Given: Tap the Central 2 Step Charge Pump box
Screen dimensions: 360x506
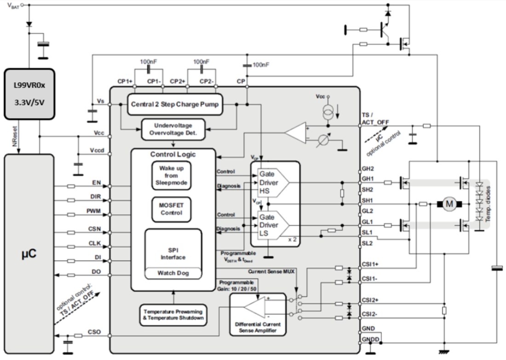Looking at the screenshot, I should tap(174, 104).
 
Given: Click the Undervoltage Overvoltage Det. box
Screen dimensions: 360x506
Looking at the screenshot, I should tap(173, 129).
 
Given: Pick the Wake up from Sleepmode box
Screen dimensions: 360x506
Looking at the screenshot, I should tap(171, 176).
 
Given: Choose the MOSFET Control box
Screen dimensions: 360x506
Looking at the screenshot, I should tap(171, 209).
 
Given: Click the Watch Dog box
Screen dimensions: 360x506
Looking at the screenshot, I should tap(173, 273).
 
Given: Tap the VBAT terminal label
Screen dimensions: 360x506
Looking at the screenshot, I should tap(12, 6).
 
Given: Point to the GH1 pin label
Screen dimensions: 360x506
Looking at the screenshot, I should tap(368, 178).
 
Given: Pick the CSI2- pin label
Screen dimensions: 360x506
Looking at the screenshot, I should tap(370, 314).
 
